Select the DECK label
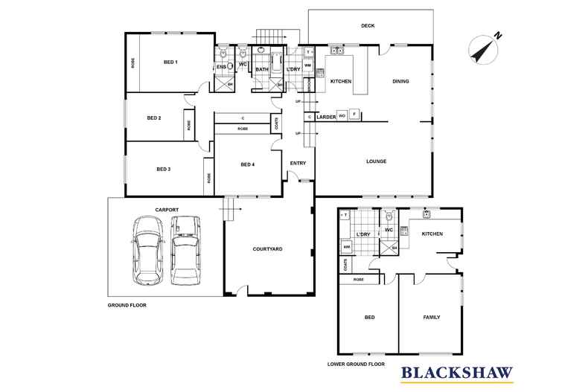tap(368, 25)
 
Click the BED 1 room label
tap(170, 62)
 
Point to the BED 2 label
tap(154, 118)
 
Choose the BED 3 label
tap(164, 169)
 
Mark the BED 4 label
tap(248, 164)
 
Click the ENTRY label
tap(298, 164)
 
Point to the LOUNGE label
tap(376, 161)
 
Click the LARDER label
tap(325, 117)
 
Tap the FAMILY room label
tap(431, 318)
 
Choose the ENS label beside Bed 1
tap(221, 67)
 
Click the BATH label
tap(262, 69)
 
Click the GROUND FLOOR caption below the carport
tap(127, 305)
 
